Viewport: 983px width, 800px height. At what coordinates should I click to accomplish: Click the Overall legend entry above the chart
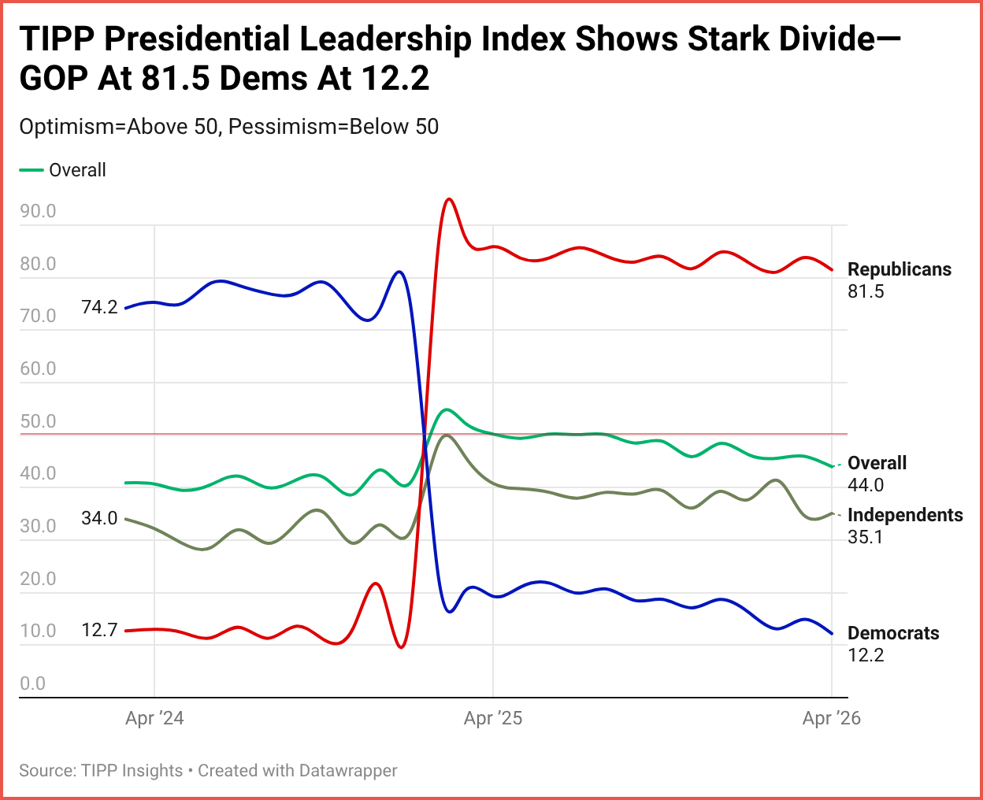coord(76,170)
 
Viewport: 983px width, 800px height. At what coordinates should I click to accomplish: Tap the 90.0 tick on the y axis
coord(38,211)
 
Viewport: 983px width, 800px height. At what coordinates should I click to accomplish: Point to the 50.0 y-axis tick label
coord(38,421)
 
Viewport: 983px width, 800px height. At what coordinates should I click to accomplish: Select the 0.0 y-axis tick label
coord(33,683)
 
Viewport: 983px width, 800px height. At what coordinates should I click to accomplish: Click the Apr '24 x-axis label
coord(154,718)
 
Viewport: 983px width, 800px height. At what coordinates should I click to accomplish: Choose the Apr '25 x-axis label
coord(493,718)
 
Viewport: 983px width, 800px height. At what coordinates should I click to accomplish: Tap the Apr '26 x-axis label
coord(831,718)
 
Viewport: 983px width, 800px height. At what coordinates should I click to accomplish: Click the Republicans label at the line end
coord(899,269)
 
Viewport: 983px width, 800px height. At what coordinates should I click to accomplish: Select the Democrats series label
coord(893,633)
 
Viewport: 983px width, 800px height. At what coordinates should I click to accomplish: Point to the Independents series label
coord(905,515)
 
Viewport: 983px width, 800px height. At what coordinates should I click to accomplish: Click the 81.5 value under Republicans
coord(866,291)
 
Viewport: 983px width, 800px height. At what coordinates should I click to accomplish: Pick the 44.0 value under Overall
coord(866,485)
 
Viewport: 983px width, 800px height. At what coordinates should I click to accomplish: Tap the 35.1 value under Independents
coord(865,537)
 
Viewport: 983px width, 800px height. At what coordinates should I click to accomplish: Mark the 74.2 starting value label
coord(99,307)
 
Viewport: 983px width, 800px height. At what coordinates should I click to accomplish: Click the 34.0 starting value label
coord(99,518)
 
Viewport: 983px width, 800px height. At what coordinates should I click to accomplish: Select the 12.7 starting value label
coord(99,630)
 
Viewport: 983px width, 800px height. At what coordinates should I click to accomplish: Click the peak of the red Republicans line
coord(448,199)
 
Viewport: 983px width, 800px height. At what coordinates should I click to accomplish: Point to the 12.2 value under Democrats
coord(866,655)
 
